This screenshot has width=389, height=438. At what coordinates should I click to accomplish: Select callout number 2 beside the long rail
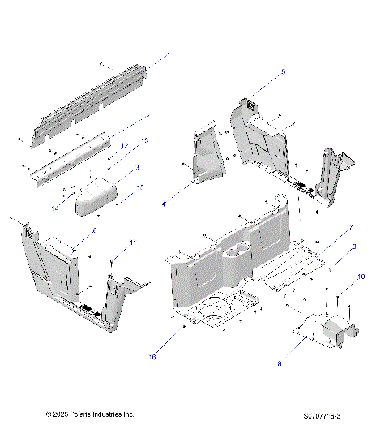[x=147, y=116]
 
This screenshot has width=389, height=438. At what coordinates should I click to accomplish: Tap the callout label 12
[x=125, y=145]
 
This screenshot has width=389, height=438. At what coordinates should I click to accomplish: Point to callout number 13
[x=144, y=141]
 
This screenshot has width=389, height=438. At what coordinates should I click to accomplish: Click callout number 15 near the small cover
[x=142, y=187]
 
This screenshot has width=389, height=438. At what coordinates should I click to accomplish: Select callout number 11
[x=134, y=243]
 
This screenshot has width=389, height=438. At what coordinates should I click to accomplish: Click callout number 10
[x=361, y=277]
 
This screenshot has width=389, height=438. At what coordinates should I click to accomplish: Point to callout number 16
[x=152, y=356]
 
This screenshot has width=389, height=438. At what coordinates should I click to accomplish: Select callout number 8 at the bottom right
[x=280, y=364]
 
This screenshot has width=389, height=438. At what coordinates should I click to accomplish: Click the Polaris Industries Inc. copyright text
[x=90, y=414]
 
